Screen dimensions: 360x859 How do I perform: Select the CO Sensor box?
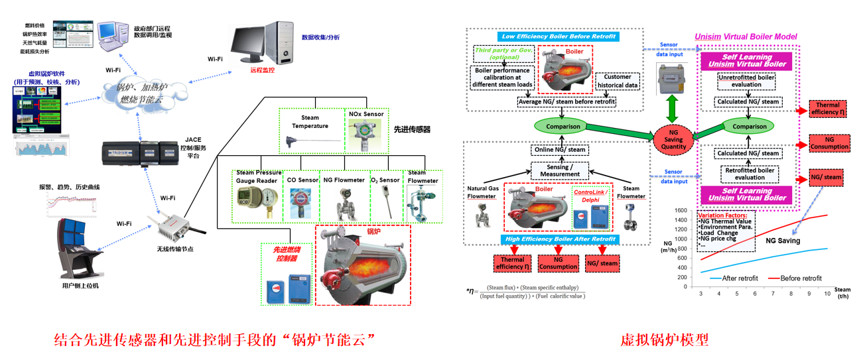coord(303,195)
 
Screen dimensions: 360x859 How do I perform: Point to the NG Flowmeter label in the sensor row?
coord(343,180)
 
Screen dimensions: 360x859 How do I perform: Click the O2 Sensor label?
coord(385,180)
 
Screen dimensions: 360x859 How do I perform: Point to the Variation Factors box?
coord(726,231)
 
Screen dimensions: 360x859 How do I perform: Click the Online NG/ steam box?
coord(559,149)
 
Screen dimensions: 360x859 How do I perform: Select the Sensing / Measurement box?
coord(559,170)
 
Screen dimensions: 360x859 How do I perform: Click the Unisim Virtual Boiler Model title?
coord(746,36)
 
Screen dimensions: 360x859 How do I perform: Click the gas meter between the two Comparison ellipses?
coord(673,82)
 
